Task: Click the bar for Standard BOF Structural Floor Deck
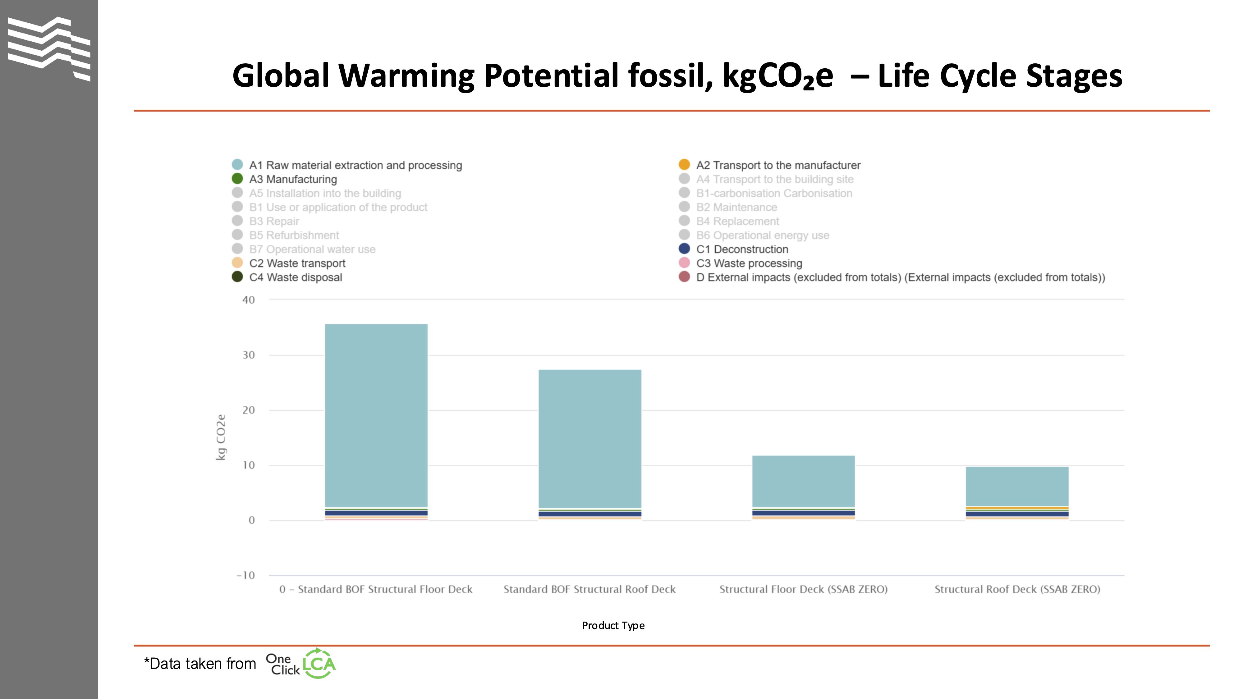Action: click(x=376, y=415)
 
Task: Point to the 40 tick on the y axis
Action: click(x=249, y=300)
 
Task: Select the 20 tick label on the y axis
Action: click(x=249, y=410)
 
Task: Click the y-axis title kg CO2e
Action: click(x=221, y=437)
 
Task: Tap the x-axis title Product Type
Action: click(x=613, y=626)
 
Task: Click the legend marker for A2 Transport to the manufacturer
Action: click(x=684, y=165)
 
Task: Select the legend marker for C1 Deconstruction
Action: click(x=684, y=249)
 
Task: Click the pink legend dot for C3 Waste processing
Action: click(x=684, y=263)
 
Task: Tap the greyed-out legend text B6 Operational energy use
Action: click(x=762, y=235)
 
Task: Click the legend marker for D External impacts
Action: click(x=684, y=277)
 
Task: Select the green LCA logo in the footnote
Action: click(x=319, y=664)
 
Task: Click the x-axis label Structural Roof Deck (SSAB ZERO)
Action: click(x=1017, y=590)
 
